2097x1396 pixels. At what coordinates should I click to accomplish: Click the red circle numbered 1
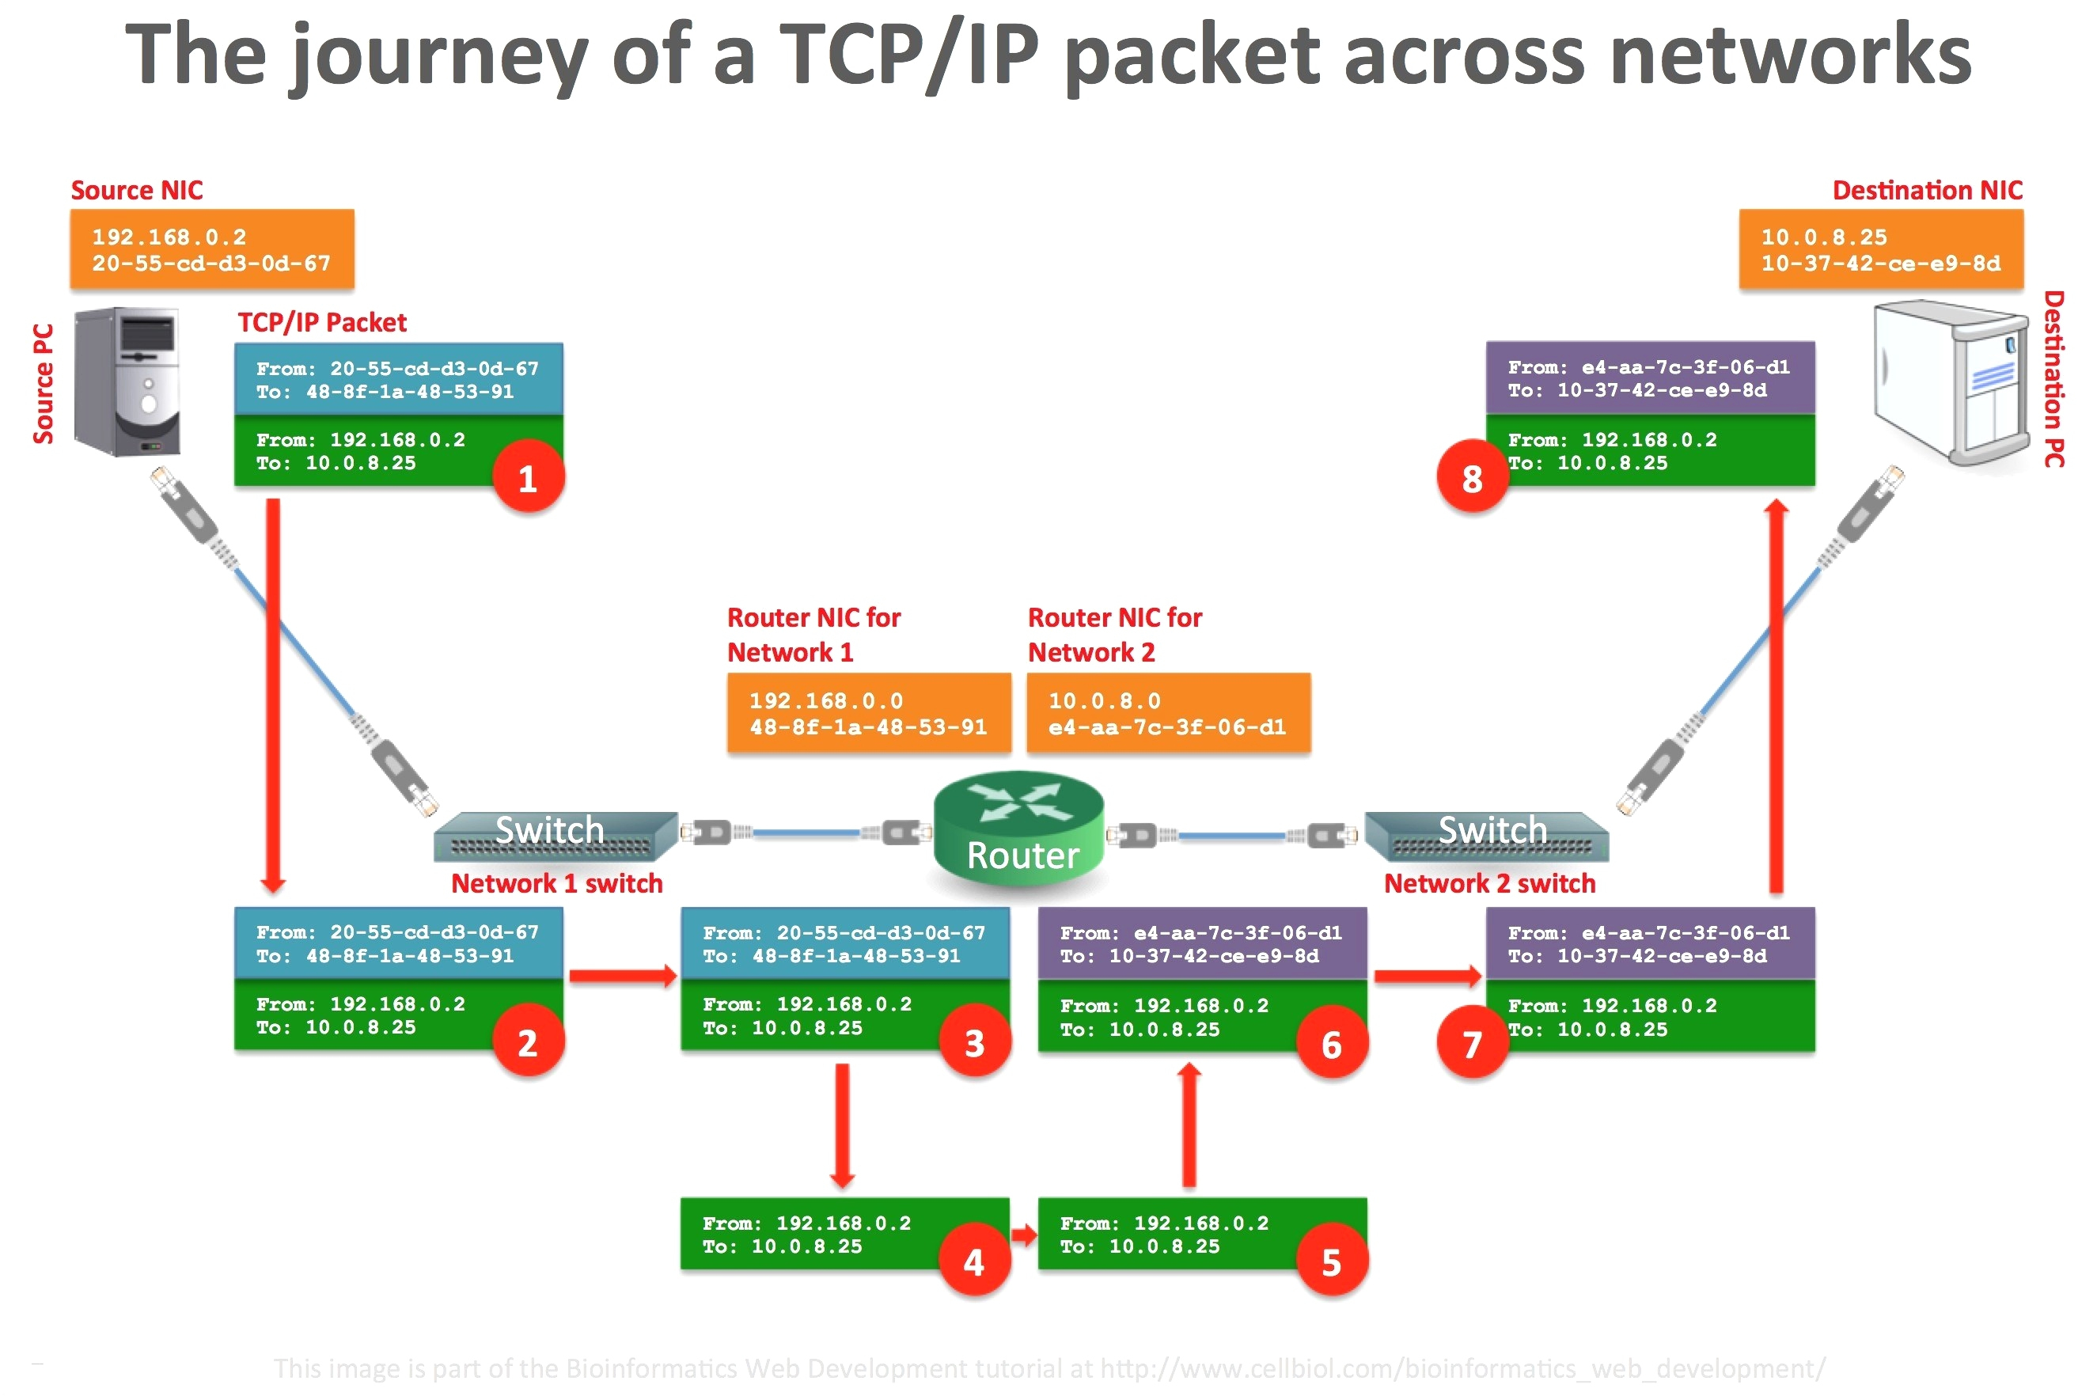[528, 477]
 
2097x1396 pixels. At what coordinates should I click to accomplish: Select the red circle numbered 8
[1471, 477]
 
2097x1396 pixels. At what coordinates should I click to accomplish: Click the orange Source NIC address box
[212, 249]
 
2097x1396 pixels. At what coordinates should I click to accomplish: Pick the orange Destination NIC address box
[1880, 249]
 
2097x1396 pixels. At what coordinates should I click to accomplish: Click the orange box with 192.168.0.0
[868, 712]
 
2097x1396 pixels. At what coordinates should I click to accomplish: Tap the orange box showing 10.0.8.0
[1167, 712]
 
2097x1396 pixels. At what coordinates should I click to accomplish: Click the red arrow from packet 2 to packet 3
[622, 975]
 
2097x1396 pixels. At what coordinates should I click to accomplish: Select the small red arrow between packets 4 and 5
[1024, 1234]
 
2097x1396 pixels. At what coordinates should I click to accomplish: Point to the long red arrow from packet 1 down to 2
[273, 695]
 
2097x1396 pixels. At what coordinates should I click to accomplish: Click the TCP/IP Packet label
[321, 321]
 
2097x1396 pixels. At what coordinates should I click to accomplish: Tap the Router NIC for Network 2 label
[1113, 634]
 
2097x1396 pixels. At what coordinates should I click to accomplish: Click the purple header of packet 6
[1200, 943]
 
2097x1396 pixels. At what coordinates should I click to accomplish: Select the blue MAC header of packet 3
[844, 943]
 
